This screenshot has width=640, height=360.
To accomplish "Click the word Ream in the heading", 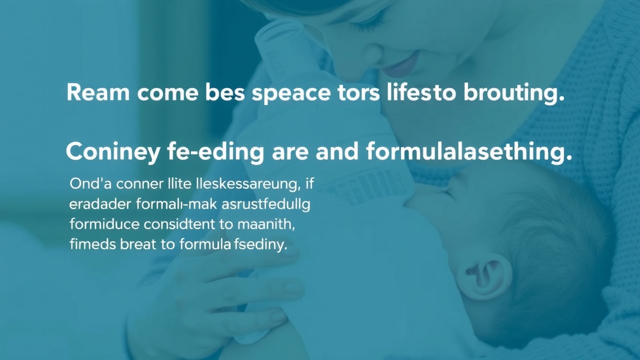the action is coord(98,93).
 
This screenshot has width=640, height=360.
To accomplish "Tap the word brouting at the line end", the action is coord(514,93).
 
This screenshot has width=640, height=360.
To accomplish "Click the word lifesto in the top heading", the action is coord(421,92).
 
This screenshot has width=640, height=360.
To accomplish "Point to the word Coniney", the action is coord(112,153).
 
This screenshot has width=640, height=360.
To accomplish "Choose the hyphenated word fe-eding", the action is coord(215,152).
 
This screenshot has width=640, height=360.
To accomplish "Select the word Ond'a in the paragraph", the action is coord(90,184).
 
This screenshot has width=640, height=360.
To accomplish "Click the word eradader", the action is coord(100,204).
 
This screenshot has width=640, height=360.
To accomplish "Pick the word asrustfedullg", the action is coord(265,205).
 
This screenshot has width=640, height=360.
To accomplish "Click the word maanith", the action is coord(266,225).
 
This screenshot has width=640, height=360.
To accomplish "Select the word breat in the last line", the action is coord(138,245).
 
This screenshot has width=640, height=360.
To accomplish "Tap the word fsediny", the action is coord(260,245).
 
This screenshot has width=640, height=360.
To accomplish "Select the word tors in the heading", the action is coord(358,93).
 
